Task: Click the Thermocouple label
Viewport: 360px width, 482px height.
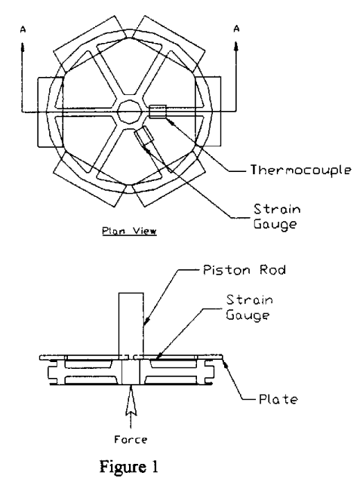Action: (x=300, y=170)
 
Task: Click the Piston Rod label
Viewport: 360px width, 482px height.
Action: (x=245, y=269)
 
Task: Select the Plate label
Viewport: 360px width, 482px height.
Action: (x=278, y=399)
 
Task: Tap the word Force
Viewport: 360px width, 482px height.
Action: (x=131, y=439)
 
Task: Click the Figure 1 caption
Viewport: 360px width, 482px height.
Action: (x=128, y=467)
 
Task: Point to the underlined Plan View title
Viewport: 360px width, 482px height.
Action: (x=129, y=231)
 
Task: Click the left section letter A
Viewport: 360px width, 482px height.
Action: (x=23, y=29)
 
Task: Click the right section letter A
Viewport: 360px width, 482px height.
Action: (x=236, y=29)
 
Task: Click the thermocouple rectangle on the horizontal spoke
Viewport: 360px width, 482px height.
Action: (x=158, y=112)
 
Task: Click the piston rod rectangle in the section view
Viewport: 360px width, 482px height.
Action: (x=131, y=324)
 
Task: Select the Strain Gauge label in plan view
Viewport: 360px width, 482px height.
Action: (x=277, y=216)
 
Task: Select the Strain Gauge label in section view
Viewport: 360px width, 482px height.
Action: (x=249, y=307)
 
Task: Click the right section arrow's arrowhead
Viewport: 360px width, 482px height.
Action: (x=236, y=48)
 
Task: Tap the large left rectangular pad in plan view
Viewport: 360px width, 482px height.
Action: (x=51, y=112)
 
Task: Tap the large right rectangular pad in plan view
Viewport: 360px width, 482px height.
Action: (x=208, y=112)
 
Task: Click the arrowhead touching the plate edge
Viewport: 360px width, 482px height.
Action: (x=226, y=364)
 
